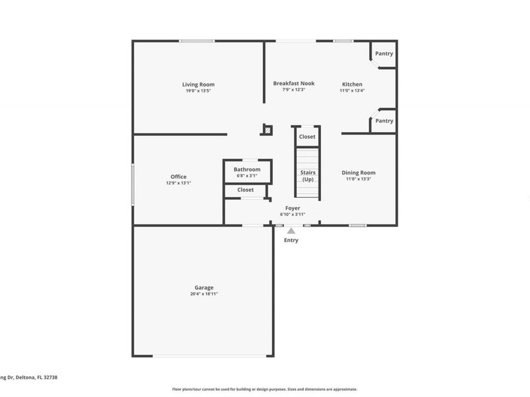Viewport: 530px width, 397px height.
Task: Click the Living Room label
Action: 198,85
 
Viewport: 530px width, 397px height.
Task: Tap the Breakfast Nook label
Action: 294,84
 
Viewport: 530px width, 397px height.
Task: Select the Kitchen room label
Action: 352,84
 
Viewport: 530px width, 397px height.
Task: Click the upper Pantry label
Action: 384,54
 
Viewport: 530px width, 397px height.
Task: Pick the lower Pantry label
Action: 384,121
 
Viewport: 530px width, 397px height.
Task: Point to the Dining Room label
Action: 359,173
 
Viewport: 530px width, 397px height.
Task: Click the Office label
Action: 178,177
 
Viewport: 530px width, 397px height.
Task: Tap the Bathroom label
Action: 247,169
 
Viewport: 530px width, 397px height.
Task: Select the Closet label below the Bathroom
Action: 246,190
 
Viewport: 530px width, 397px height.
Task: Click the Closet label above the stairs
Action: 307,136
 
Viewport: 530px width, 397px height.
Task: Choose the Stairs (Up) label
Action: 308,176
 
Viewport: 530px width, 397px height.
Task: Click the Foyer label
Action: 293,208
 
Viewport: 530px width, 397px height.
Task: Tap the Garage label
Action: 204,288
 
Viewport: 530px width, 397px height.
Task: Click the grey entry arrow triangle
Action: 291,231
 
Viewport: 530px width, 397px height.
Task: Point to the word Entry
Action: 291,240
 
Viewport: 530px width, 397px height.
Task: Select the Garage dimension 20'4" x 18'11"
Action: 204,293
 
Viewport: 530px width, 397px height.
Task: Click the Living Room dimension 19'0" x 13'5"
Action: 198,91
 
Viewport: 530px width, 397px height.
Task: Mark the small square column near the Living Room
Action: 267,130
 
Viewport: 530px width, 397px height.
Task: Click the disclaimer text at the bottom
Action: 264,389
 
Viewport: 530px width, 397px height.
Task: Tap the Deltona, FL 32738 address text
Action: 29,378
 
